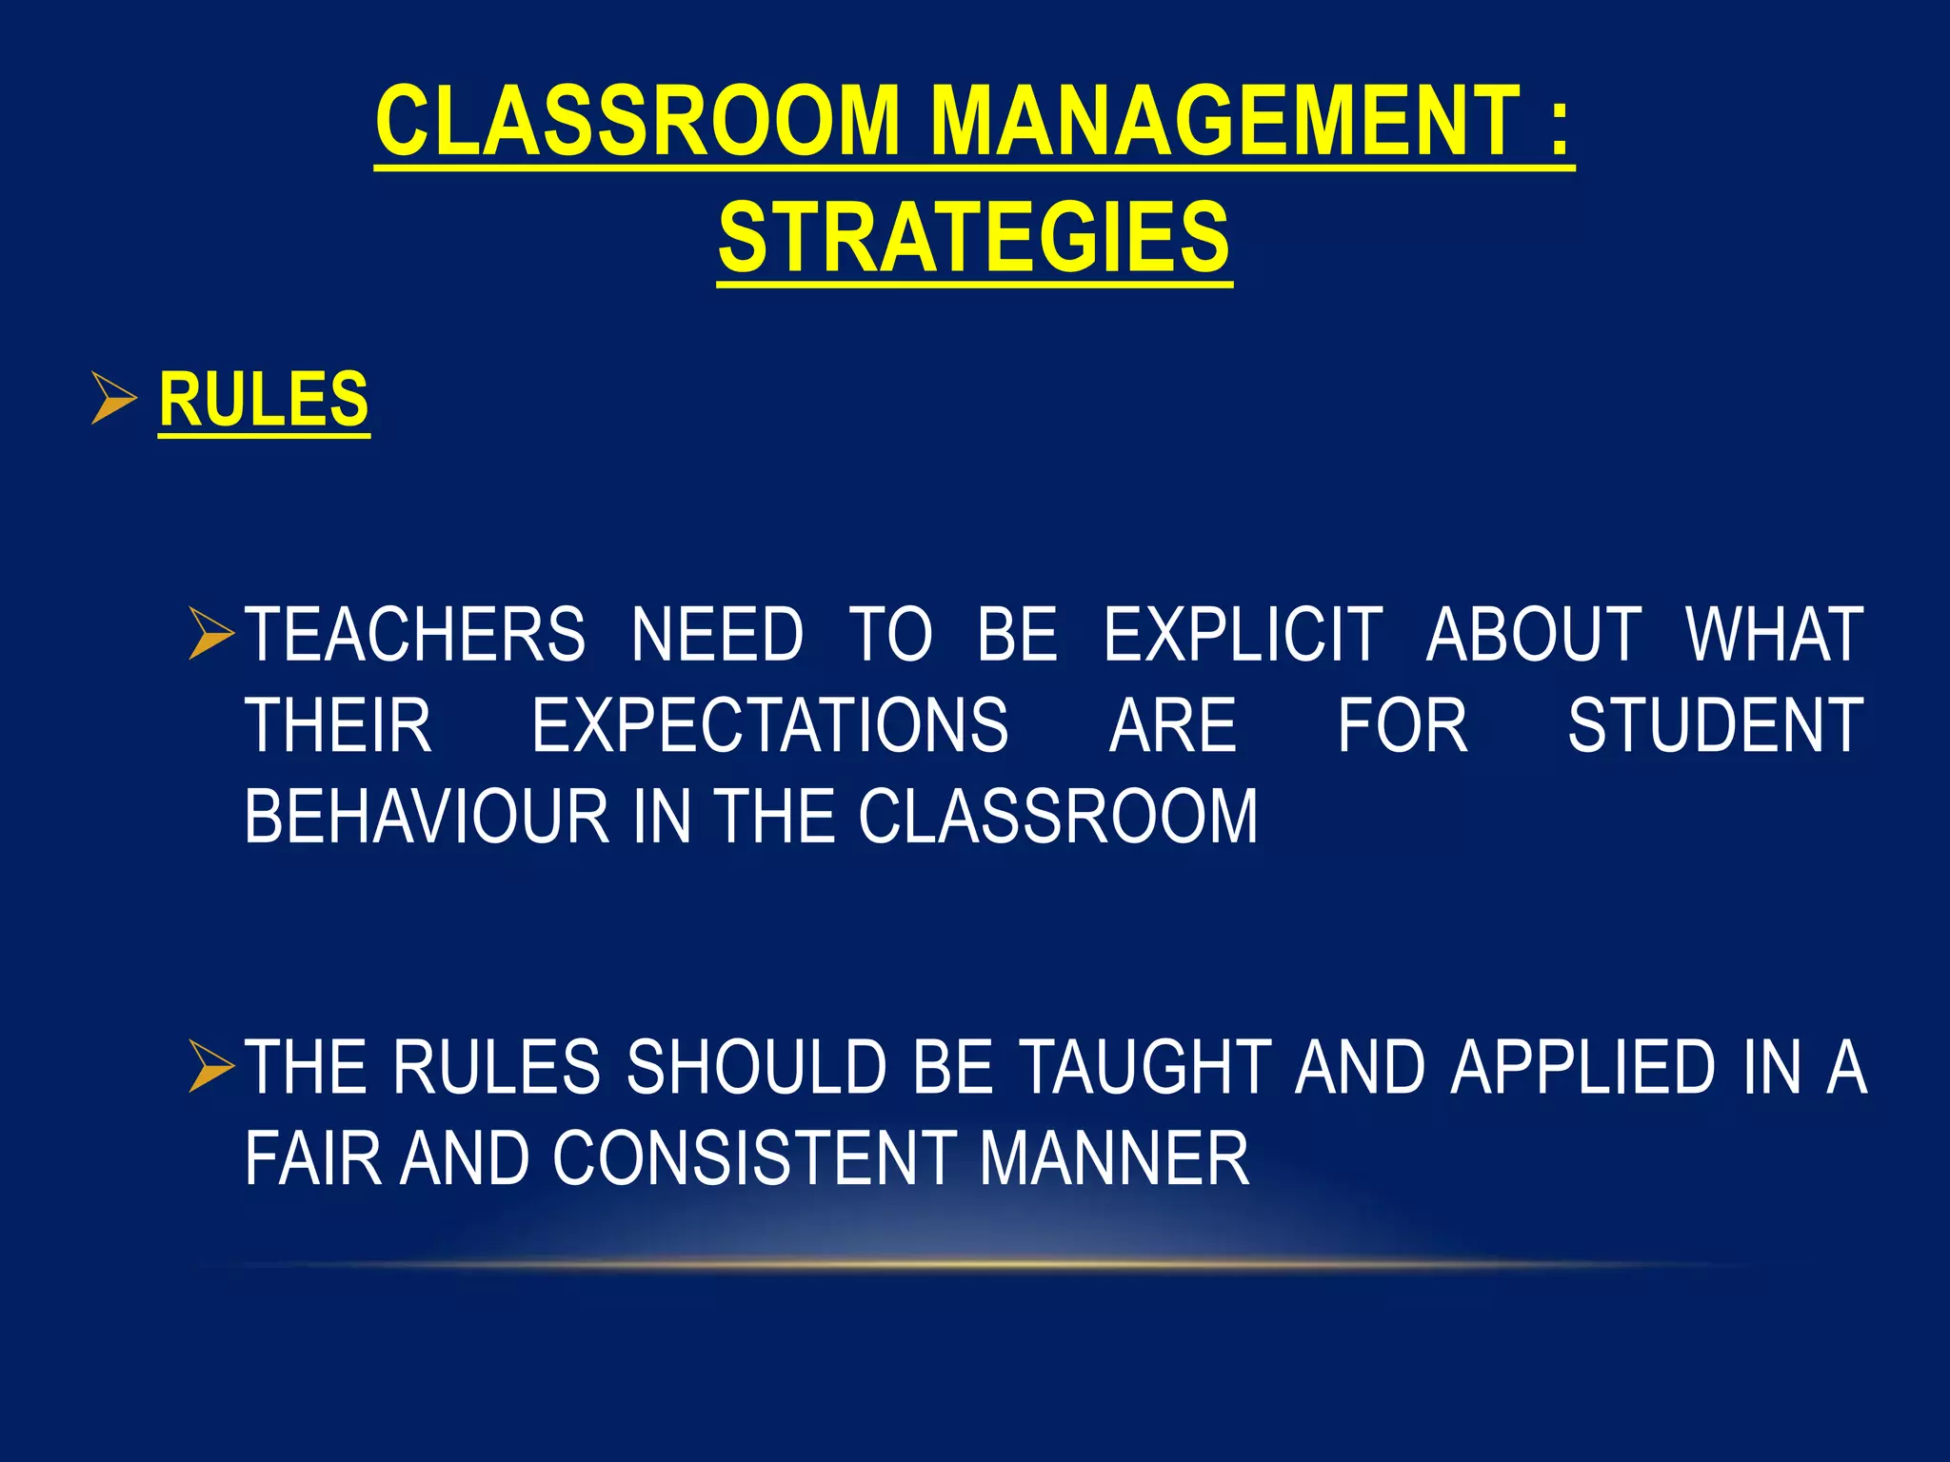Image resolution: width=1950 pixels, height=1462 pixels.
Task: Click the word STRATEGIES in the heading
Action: pos(974,237)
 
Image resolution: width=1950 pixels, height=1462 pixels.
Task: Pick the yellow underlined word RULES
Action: pos(264,400)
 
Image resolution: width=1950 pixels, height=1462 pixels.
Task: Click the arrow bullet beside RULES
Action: pos(113,399)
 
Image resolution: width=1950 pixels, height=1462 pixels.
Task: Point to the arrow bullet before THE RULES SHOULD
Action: pos(210,1066)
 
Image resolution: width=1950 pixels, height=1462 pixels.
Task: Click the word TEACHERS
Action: pos(415,635)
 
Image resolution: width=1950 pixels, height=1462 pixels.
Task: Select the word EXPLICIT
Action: pos(1243,635)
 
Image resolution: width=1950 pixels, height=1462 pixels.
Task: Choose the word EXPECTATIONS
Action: pos(769,726)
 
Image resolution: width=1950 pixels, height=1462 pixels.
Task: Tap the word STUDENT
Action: pos(1715,726)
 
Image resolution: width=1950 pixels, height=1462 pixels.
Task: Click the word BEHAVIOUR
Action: pos(427,817)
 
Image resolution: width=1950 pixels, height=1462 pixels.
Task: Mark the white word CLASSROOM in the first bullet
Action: pos(1058,817)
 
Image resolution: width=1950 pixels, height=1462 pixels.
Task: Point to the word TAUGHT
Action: pos(1145,1067)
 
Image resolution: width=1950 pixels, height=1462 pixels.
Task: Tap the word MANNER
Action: pos(1114,1158)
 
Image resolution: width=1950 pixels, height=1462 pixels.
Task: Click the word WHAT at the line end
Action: pos(1774,635)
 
